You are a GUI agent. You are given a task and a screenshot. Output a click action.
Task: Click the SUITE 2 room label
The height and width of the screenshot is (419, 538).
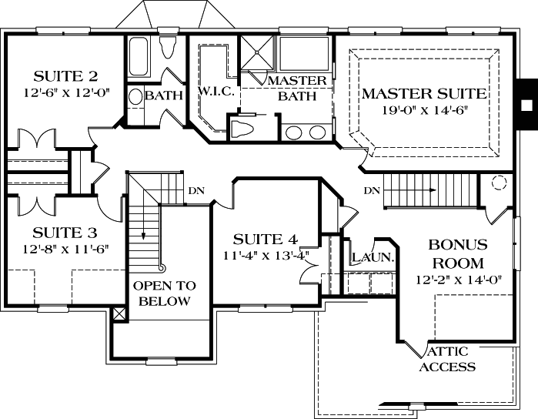coord(65,76)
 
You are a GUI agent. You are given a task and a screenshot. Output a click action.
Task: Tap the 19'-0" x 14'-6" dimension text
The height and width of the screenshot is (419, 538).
coord(424,109)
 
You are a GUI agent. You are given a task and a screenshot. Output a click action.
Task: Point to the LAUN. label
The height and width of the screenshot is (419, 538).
coord(373,258)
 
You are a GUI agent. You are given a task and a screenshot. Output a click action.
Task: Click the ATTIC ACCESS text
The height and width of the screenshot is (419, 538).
coord(446,360)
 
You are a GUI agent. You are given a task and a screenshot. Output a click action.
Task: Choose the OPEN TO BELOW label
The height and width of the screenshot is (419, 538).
coord(162,293)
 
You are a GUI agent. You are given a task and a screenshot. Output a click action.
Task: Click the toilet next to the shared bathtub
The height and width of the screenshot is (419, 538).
coord(169,49)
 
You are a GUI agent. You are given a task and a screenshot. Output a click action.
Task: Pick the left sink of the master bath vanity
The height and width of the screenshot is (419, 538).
coord(293,132)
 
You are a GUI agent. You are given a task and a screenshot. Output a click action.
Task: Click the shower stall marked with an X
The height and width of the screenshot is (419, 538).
coord(256,54)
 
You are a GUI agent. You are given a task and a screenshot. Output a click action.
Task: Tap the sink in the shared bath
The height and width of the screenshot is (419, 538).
coord(134,97)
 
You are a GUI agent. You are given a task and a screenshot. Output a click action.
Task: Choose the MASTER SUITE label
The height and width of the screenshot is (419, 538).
coord(424,94)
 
